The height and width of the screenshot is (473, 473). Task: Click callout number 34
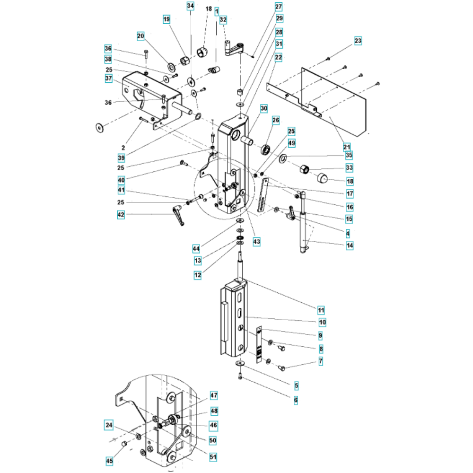(x=190, y=6)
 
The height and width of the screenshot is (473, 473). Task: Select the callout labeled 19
(x=166, y=19)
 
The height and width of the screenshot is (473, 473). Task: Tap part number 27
(x=279, y=6)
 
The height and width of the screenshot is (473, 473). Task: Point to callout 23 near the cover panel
(x=358, y=41)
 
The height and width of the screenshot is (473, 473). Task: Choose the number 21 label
(x=347, y=147)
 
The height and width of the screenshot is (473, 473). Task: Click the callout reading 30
(x=263, y=109)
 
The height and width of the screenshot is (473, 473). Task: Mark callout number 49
(x=292, y=143)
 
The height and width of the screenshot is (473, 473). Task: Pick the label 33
(x=350, y=168)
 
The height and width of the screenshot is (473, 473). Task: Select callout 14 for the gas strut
(x=350, y=245)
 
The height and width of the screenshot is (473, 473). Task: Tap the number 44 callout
(x=196, y=249)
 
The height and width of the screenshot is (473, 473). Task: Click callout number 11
(x=321, y=310)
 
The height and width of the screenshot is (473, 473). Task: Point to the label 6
(x=296, y=400)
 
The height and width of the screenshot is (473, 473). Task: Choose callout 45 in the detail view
(x=109, y=461)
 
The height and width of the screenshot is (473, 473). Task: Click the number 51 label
(x=213, y=457)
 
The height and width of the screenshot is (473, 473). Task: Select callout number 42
(x=121, y=215)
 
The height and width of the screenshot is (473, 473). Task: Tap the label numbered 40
(x=121, y=180)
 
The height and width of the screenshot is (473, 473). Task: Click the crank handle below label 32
(x=235, y=49)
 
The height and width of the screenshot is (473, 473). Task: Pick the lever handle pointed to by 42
(x=179, y=215)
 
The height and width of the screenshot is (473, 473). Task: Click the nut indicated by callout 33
(x=304, y=169)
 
